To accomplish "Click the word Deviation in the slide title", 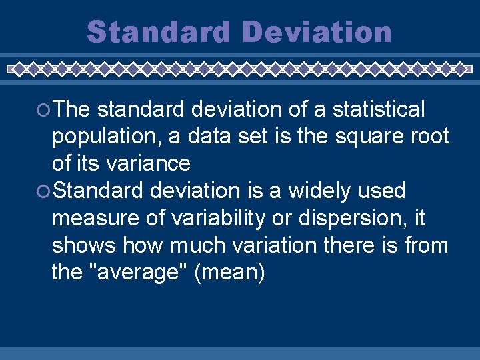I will coord(317,32).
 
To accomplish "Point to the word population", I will coord(106,136).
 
